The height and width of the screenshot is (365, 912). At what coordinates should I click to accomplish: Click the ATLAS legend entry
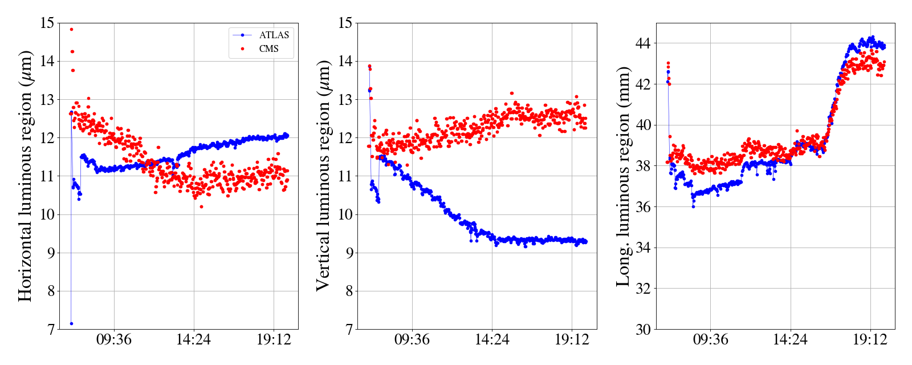tap(274, 35)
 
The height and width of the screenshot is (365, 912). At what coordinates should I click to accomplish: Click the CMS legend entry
tap(268, 49)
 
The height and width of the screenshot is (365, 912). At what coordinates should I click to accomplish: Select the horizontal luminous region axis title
tap(25, 176)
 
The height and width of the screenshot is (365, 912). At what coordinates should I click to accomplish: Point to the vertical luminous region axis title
tap(323, 176)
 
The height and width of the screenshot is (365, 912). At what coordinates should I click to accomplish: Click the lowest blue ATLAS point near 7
tap(71, 323)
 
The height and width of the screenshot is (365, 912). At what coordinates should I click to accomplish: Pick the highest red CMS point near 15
tap(71, 29)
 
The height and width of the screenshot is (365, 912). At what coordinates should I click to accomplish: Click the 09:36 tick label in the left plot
tap(114, 340)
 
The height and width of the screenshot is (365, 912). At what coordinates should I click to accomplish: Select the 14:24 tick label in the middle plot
tap(492, 340)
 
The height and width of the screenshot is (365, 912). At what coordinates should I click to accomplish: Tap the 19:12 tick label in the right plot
tap(870, 340)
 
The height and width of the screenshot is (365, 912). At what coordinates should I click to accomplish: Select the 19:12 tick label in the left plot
tap(274, 340)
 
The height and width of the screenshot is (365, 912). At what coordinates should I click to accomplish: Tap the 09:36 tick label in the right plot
tap(710, 340)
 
